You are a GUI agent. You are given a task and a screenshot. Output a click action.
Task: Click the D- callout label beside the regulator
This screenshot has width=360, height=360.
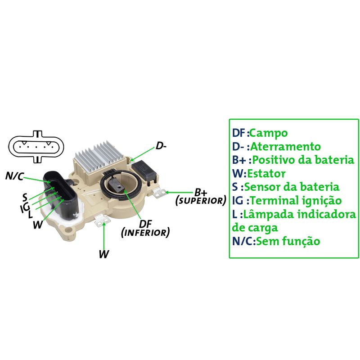point(161,146)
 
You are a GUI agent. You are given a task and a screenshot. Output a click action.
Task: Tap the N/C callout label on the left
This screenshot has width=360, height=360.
point(14,176)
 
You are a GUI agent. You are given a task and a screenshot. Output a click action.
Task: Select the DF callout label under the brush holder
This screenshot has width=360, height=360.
point(145,224)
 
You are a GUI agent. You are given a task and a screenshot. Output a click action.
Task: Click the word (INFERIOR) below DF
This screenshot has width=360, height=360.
point(146,233)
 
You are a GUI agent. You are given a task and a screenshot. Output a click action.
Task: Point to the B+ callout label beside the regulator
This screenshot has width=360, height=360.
point(201,192)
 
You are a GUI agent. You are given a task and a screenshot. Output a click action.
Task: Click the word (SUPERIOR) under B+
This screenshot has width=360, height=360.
point(200,201)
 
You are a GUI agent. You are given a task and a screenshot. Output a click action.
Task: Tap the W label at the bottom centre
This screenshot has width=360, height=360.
point(103,254)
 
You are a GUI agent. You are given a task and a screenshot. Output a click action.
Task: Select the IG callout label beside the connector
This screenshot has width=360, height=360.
point(25,207)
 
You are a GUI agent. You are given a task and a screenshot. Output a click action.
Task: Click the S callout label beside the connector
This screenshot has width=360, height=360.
point(25,197)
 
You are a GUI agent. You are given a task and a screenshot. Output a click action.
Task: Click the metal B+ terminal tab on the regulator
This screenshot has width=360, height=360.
point(160,193)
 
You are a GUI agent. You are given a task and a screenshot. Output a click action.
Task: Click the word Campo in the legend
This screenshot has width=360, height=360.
point(268,133)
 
